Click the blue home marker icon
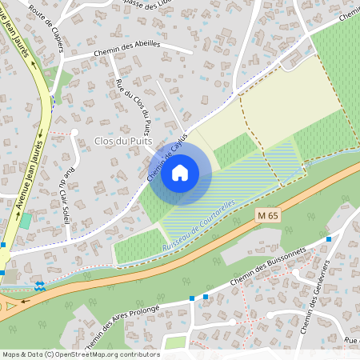pyautogui.click(x=180, y=173)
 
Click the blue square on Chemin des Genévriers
pyautogui.click(x=329, y=238)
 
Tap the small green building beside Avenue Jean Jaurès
pyautogui.click(x=26, y=220)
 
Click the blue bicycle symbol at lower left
pyautogui.click(x=38, y=286)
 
